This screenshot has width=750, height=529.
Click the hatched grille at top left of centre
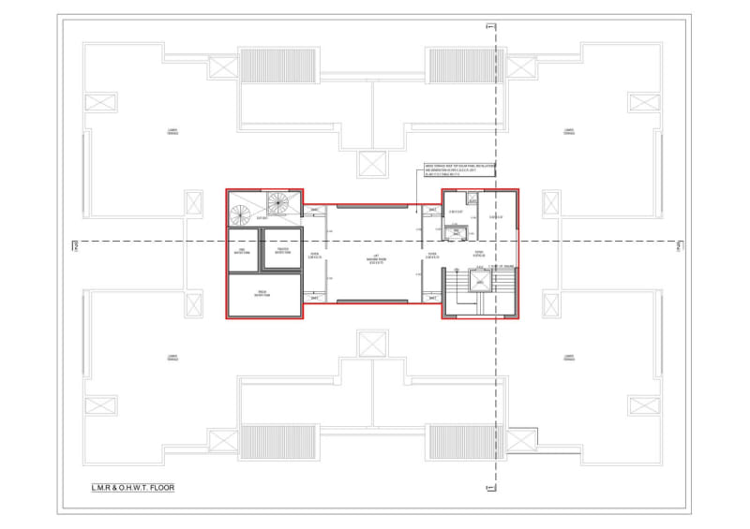[265, 67]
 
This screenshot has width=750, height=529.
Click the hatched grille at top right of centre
[455, 67]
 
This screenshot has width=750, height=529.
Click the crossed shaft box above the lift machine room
[371, 162]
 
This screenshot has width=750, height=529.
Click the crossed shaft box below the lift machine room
[371, 345]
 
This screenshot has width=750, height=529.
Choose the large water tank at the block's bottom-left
[263, 295]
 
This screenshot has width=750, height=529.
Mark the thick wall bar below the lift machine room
[372, 301]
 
